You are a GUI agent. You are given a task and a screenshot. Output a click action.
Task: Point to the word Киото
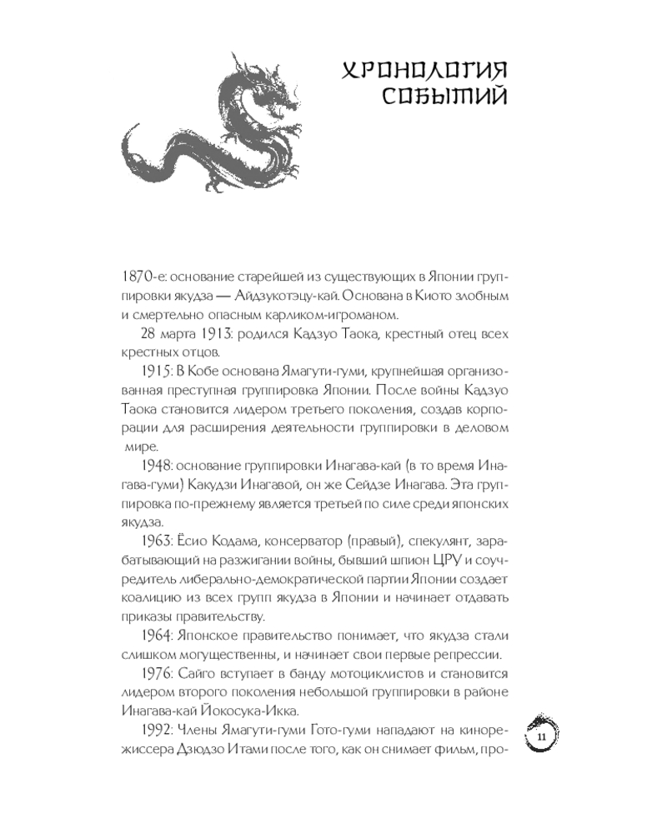coord(462,296)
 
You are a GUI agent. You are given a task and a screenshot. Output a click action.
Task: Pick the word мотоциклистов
coord(393,674)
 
